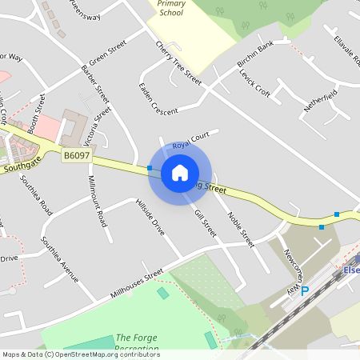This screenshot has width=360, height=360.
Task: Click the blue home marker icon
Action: [179, 173]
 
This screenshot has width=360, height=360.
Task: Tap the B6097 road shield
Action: [74, 156]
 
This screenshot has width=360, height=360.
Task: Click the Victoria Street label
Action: [98, 125]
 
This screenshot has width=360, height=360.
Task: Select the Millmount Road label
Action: [97, 201]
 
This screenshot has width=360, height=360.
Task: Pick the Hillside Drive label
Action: [150, 216]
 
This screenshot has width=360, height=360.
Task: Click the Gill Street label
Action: [206, 222]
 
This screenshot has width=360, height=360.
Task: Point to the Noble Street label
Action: [240, 228]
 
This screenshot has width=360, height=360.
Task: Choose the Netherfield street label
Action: [320, 100]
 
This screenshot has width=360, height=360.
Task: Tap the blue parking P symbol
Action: [304, 292]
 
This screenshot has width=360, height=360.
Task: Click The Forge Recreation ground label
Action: [138, 343]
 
